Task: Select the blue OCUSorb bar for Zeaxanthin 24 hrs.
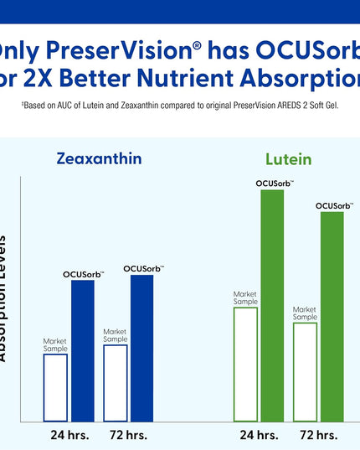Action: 83,350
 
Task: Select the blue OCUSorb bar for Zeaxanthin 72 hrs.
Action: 142,347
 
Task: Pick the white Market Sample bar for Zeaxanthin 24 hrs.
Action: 55,387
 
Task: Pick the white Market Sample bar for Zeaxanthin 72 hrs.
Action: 116,382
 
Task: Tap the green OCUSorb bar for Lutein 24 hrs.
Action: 274,305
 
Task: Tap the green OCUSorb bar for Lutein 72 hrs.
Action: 332,316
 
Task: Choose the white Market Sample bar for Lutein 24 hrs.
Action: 245,364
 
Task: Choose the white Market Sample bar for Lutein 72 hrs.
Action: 305,371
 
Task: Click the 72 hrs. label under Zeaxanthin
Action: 128,435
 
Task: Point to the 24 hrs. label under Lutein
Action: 259,435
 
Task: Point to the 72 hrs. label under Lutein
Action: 318,435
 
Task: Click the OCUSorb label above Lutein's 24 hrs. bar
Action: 274,184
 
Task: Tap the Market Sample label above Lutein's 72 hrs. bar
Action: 305,313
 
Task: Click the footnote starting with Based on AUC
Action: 180,108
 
